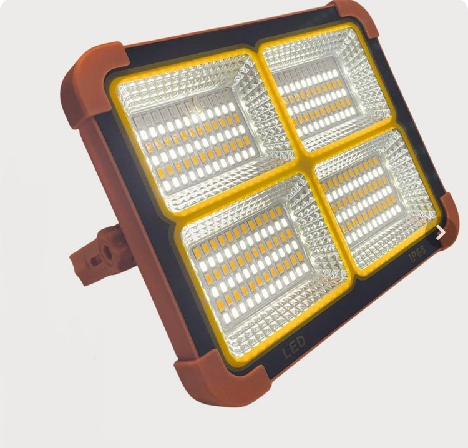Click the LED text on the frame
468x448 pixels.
(295, 346)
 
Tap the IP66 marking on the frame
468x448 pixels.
(418, 255)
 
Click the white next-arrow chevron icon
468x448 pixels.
(441, 232)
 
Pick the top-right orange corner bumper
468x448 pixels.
(358, 18)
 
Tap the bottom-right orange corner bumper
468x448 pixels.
(447, 221)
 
